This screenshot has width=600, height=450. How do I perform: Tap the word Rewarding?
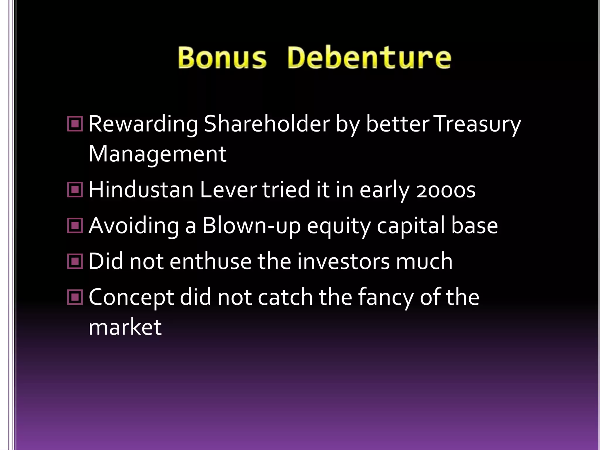(x=143, y=125)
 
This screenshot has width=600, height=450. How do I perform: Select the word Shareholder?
(x=267, y=124)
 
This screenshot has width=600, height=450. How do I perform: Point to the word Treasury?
(x=477, y=125)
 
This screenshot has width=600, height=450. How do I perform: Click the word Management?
(x=157, y=154)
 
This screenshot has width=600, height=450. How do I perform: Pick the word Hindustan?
(x=141, y=190)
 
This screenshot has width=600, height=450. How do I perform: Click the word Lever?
(x=228, y=190)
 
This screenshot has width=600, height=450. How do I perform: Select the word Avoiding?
(x=134, y=226)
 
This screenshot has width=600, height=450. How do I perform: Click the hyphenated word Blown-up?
(x=251, y=226)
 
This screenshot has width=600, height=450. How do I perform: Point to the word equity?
(x=339, y=226)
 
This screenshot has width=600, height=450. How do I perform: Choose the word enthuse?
(x=210, y=261)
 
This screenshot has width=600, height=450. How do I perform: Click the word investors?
(x=343, y=261)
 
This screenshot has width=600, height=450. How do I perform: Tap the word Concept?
(x=131, y=298)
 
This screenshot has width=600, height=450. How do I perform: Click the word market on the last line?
(x=125, y=327)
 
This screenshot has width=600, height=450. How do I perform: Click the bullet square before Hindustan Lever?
(x=75, y=190)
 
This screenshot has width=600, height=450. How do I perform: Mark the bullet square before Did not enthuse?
(x=75, y=261)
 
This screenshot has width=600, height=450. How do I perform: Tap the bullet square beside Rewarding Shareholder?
(x=75, y=124)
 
